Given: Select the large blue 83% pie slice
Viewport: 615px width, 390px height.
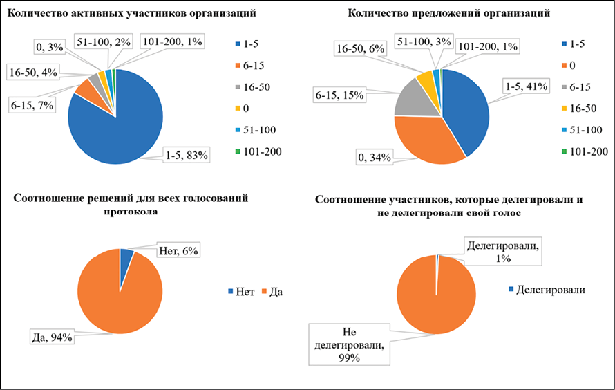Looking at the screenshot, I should pyautogui.click(x=121, y=124).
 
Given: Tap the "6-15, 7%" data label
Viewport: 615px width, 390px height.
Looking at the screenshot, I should pyautogui.click(x=32, y=104).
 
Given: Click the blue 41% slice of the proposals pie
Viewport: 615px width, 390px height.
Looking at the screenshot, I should pyautogui.click(x=466, y=111).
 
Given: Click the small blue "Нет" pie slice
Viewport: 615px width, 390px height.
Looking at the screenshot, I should pyautogui.click(x=126, y=257).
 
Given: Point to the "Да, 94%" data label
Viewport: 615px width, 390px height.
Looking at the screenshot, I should pyautogui.click(x=52, y=337).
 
